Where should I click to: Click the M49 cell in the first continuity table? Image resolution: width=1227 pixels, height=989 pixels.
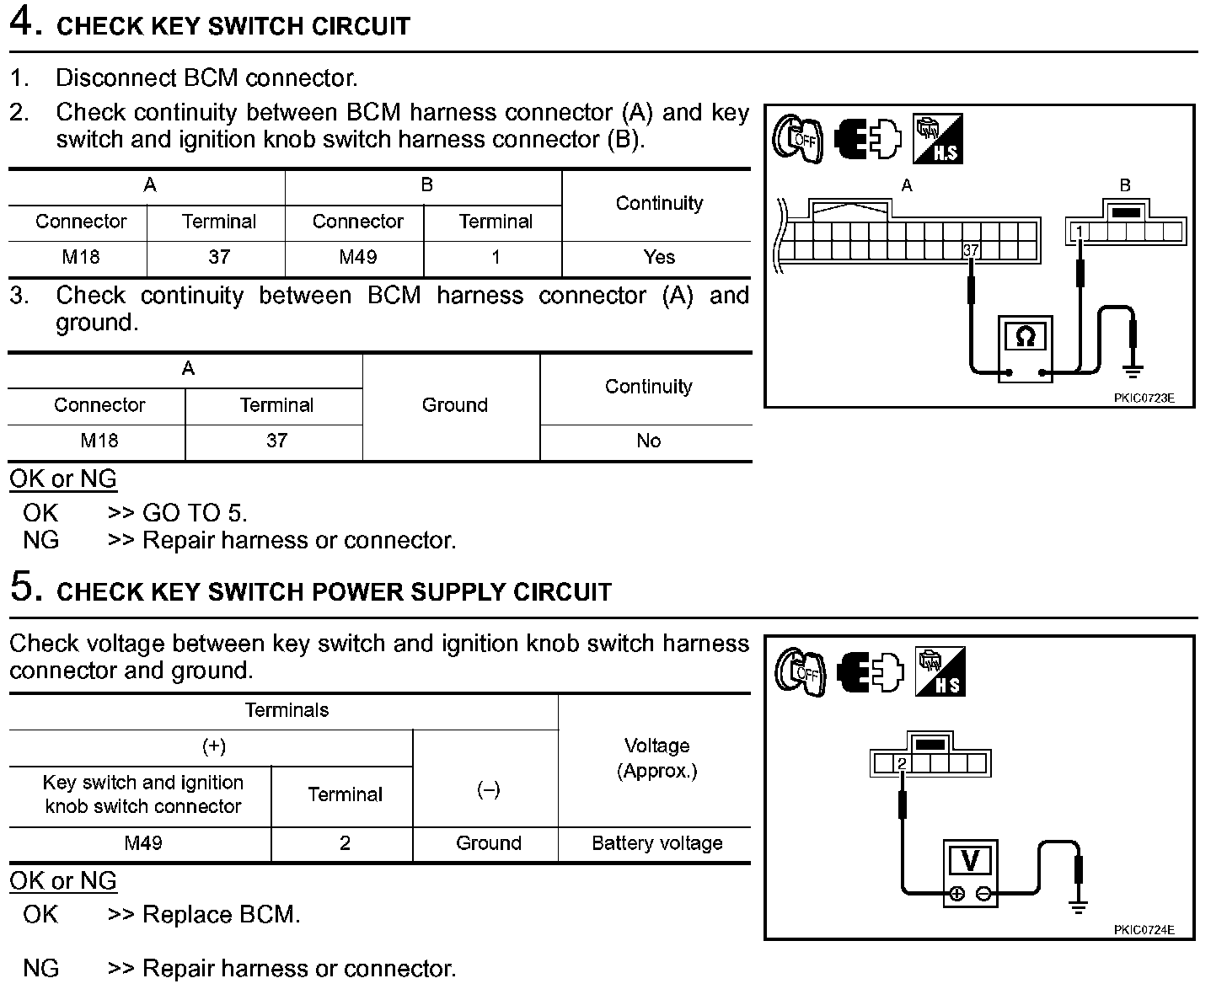point(357,257)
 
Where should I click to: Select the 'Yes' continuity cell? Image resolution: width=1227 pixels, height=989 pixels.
point(658,257)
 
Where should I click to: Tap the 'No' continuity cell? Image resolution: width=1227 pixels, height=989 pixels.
point(648,441)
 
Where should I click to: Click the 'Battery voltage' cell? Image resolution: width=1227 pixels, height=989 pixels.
point(656,843)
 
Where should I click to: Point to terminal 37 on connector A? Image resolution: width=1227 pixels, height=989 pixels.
point(971,250)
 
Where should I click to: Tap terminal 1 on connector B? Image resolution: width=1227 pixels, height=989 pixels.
point(1080,231)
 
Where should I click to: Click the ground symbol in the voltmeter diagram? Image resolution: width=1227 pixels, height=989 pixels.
point(1078,906)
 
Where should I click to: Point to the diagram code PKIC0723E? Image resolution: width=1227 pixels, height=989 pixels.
point(1144,398)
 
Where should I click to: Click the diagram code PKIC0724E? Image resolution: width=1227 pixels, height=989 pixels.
point(1144,930)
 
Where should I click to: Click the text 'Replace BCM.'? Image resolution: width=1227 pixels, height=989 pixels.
point(221,915)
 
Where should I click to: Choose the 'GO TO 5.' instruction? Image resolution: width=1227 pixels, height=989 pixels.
point(195,513)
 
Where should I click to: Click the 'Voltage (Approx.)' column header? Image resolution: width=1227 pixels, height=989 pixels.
point(656,758)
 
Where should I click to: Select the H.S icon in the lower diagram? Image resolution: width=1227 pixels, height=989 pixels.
point(940,672)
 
